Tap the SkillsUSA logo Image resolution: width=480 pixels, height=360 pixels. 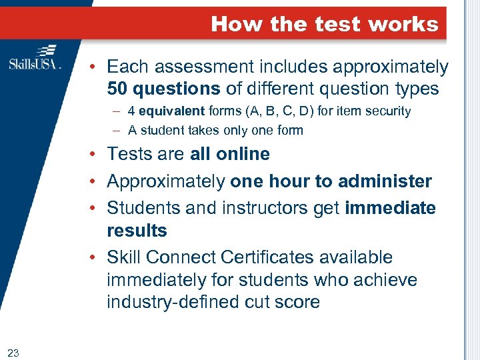tap(35, 59)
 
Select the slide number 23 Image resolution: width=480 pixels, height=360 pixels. tap(13, 353)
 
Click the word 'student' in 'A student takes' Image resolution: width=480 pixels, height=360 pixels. tap(161, 131)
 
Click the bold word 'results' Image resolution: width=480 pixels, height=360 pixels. tap(137, 231)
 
